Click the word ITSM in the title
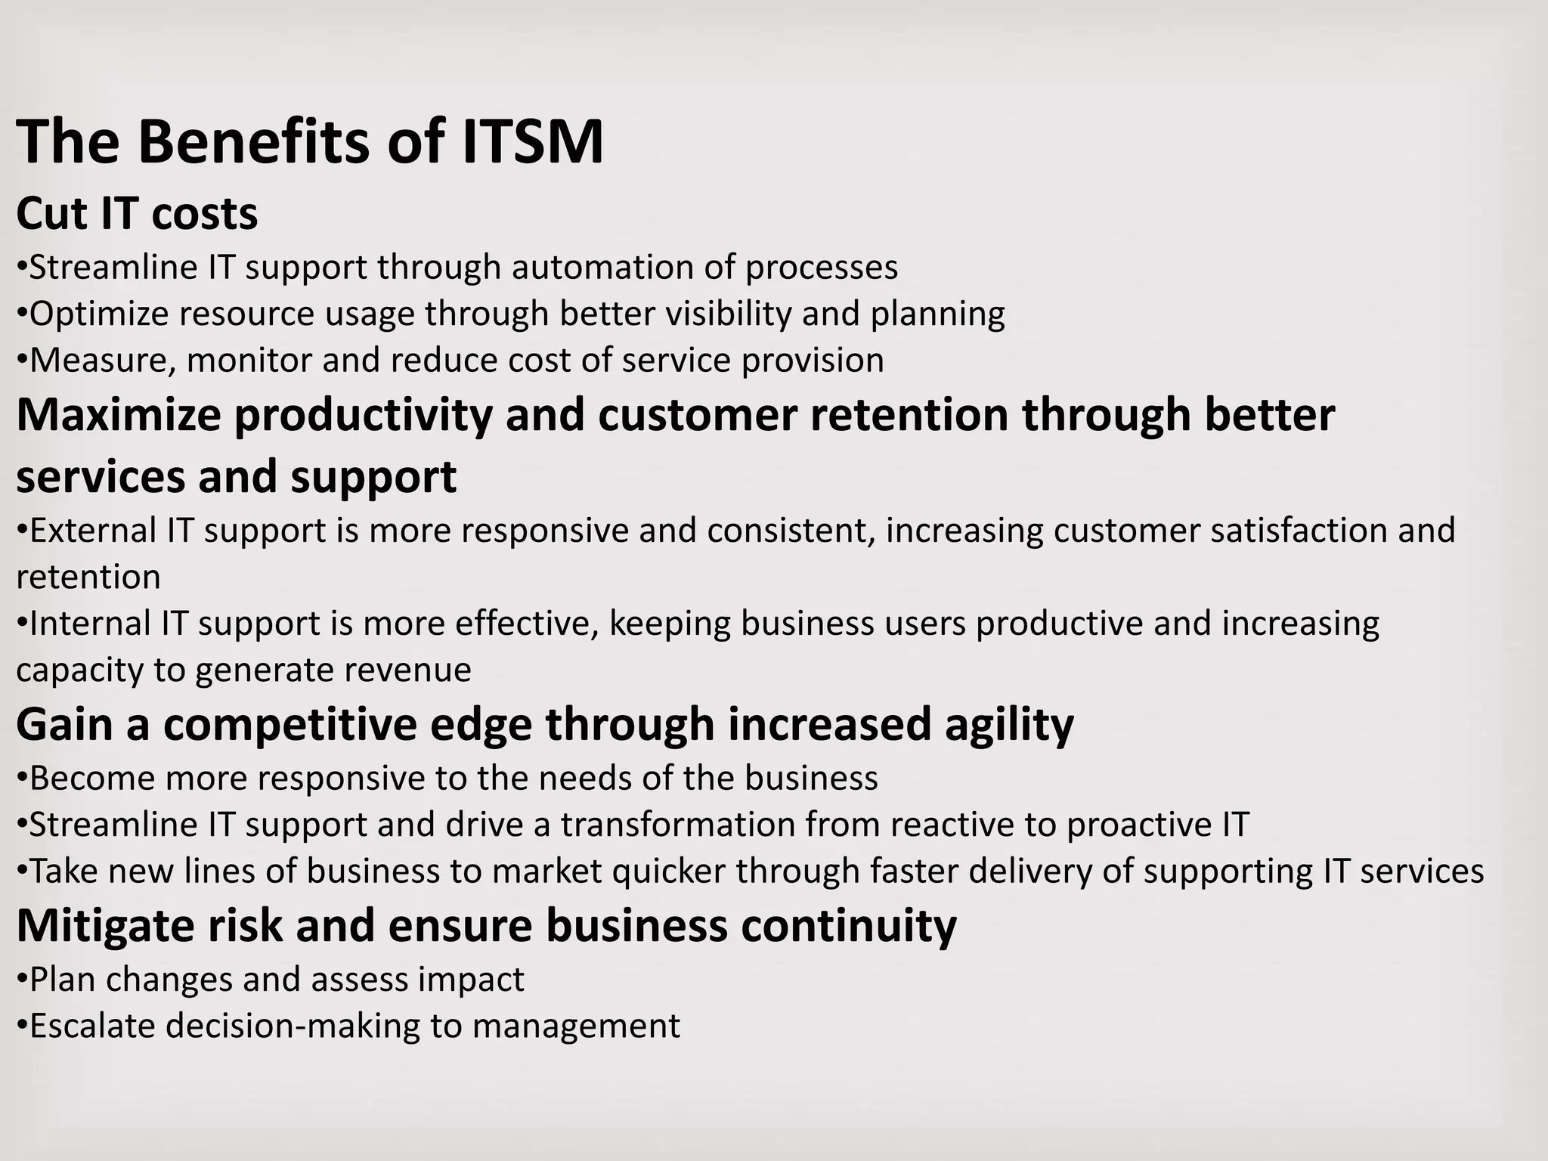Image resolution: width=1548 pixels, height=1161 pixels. coord(532,141)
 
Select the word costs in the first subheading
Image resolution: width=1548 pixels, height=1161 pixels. coord(204,213)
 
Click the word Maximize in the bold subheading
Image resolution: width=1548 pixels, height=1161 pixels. coord(119,415)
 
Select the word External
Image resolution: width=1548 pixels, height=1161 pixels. coord(93,530)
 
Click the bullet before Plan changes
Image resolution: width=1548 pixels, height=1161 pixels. coord(22,980)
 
